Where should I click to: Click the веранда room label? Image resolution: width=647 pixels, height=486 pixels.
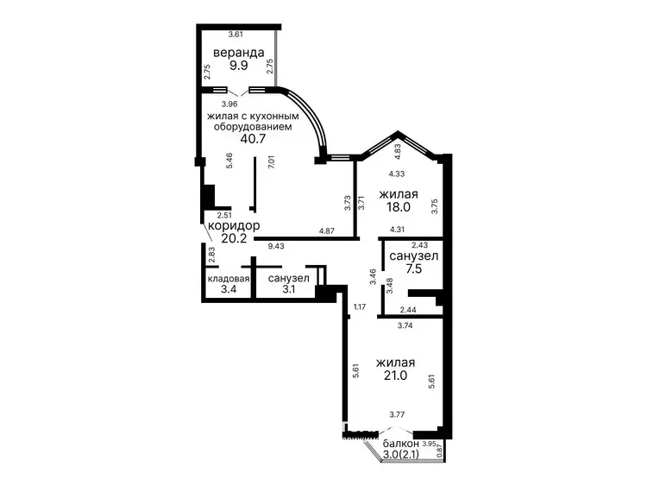(238, 53)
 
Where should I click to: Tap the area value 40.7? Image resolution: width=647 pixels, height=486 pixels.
(253, 138)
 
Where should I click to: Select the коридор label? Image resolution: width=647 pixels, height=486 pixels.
(234, 225)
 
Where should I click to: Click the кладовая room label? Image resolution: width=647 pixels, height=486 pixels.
(229, 278)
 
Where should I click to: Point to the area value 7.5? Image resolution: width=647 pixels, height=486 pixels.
(414, 268)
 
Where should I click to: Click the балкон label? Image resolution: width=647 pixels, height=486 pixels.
(400, 444)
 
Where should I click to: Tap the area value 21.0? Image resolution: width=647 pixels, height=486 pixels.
(395, 375)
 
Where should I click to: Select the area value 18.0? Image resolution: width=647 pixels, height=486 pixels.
(399, 207)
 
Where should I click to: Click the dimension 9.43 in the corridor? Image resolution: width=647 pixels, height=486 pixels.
(276, 247)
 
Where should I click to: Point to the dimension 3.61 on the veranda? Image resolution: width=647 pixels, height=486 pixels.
(236, 35)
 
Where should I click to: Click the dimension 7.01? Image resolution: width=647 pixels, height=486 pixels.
(271, 161)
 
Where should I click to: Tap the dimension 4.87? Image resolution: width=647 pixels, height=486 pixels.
(327, 231)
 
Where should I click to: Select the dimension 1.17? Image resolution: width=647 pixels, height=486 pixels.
(360, 306)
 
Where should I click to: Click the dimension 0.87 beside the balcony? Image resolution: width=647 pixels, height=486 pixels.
(439, 450)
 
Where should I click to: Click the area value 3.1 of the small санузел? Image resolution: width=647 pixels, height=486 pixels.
(289, 289)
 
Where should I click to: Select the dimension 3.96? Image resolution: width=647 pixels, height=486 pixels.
(229, 104)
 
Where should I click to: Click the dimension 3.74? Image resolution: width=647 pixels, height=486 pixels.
(405, 325)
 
